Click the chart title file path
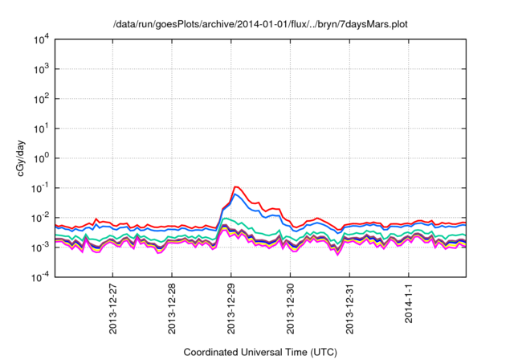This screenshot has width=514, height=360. [261, 24]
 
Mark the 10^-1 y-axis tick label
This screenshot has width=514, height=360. [41, 188]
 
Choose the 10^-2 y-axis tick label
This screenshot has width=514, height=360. [41, 218]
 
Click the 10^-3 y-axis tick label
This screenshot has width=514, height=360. [41, 247]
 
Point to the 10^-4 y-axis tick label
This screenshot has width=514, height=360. [41, 277]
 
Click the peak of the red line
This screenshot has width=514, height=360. [236, 186]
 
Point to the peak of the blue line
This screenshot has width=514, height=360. [236, 194]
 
